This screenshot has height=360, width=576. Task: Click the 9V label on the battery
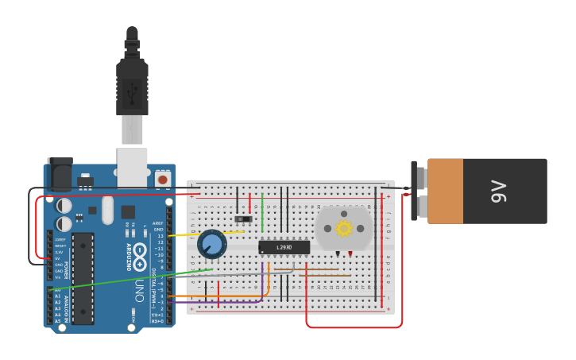(499, 192)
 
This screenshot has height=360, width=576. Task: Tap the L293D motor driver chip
(284, 247)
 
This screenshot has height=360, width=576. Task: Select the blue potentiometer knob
(212, 244)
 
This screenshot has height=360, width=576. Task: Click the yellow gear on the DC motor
(344, 229)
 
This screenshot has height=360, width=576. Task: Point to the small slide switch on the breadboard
(243, 219)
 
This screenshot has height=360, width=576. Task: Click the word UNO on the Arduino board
(140, 290)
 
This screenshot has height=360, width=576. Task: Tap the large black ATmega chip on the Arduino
(83, 278)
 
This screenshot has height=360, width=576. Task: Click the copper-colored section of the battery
(445, 192)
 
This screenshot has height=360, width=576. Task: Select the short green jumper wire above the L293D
(262, 212)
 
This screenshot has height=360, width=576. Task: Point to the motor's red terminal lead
(350, 255)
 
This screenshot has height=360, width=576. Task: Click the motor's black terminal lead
(338, 255)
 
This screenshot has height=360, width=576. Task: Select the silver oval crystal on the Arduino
(107, 211)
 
